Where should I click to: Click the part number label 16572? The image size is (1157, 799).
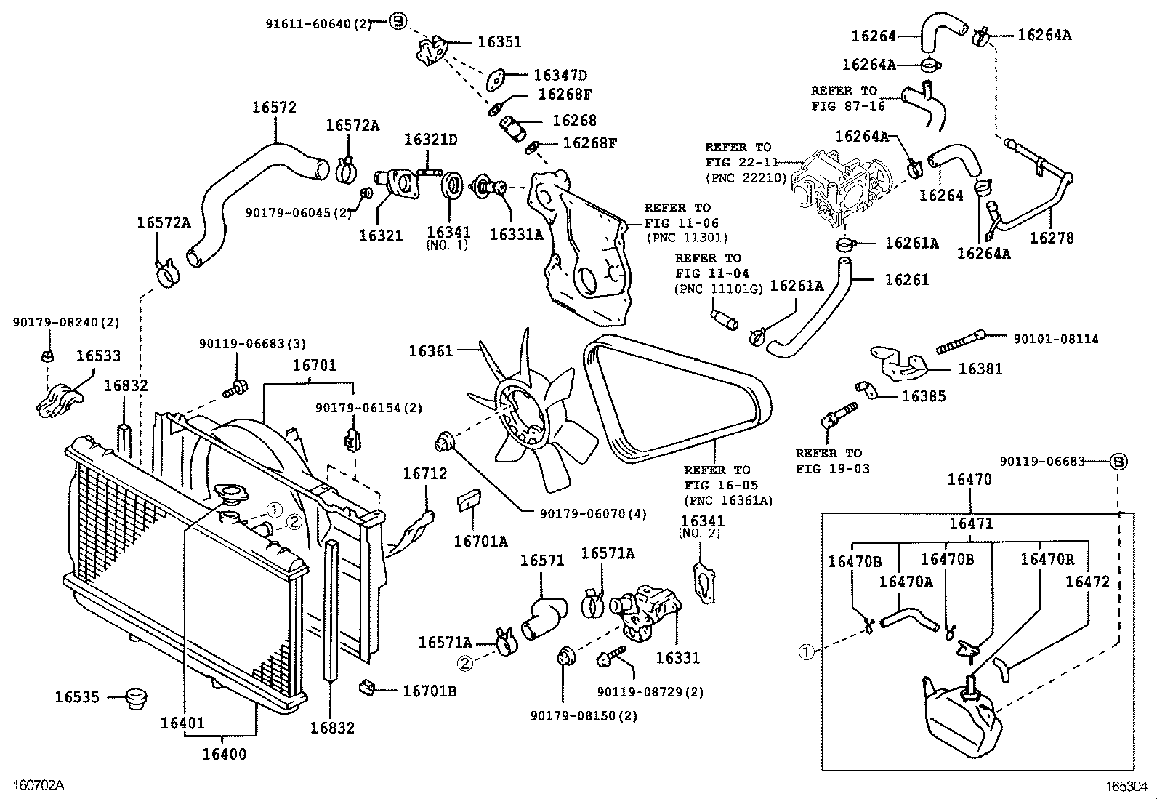tap(274, 107)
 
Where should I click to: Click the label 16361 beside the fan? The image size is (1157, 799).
tap(430, 351)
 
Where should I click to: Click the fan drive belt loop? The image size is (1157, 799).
tap(680, 399)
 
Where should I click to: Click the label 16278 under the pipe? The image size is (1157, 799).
tap(1051, 238)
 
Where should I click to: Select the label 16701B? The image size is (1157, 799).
tap(430, 691)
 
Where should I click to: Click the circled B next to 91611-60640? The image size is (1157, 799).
tap(397, 22)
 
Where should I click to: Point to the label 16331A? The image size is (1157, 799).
tap(516, 234)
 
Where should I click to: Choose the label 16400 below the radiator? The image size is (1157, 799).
tap(224, 754)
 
